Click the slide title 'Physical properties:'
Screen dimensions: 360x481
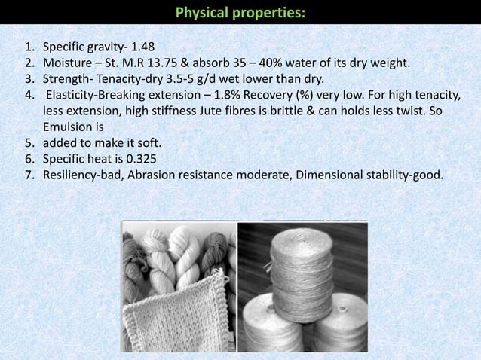[x=240, y=13]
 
